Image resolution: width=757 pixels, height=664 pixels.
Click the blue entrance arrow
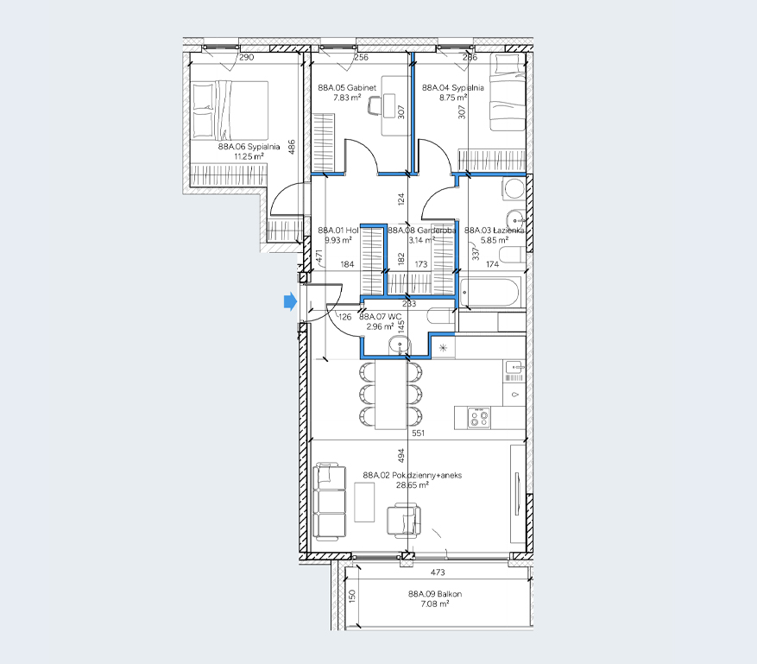coord(290,302)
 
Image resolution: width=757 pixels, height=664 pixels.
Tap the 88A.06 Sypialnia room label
coord(249,146)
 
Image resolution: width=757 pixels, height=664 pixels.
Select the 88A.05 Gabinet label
coord(347,87)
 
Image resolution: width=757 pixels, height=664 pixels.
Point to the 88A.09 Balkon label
coord(435,594)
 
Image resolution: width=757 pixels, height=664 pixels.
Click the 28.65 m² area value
coord(412,485)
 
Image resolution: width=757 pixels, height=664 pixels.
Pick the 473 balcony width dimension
coord(438,572)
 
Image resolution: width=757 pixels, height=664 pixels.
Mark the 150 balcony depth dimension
coord(352,596)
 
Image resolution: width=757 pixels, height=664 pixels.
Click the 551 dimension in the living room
coord(418,433)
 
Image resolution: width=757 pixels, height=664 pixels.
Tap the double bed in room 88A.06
coord(230,111)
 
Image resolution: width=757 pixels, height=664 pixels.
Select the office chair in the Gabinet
coord(375,105)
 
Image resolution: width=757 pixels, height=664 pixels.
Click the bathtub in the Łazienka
coord(489,293)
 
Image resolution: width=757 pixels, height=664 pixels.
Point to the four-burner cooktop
coord(479,418)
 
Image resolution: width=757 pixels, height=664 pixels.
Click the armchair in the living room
coord(404,520)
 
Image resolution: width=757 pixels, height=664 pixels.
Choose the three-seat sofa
coord(330,502)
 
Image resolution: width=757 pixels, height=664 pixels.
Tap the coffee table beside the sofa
coord(364,503)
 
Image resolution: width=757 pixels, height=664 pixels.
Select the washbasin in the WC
coord(400,345)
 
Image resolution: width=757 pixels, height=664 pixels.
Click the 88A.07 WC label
coord(381,317)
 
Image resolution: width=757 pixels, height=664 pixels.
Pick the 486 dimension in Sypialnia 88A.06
coord(292,148)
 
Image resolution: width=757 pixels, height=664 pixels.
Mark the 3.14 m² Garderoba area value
coord(422,240)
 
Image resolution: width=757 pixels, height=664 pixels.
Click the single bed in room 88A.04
coord(508,92)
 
